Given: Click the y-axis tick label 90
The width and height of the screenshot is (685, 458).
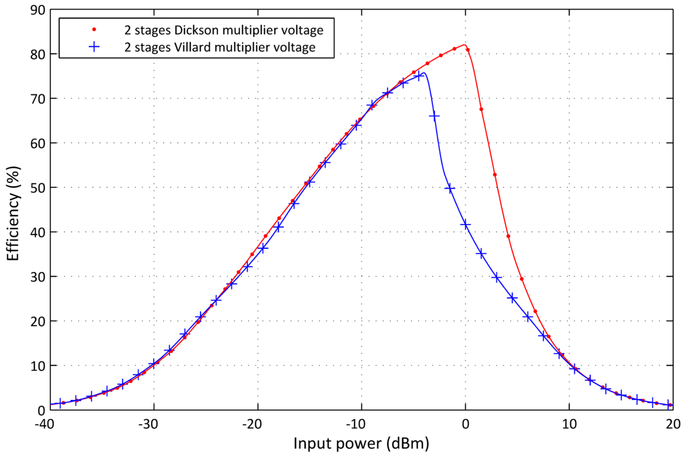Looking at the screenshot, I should pos(38,10).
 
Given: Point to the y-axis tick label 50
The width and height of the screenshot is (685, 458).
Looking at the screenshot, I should pos(38,188).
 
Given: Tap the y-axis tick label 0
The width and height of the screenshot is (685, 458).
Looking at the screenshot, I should pos(41,410).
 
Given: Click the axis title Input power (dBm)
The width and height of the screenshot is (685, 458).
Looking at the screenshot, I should pos(361,443).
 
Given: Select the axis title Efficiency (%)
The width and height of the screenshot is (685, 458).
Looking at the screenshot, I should pos(13,213).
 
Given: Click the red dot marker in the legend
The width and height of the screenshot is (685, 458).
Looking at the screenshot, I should pos(94,30).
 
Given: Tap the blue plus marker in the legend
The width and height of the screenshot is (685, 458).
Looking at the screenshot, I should pos(94,47).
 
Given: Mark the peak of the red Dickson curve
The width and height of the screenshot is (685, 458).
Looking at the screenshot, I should pos(464,45).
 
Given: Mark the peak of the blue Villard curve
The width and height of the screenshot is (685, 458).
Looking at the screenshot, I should pos(424,73).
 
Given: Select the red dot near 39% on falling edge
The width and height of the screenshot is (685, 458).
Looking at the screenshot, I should pos(508,236).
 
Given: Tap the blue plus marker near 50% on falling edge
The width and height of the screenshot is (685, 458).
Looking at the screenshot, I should pos(450,188).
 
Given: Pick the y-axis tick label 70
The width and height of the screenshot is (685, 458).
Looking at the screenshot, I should pos(38,99).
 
